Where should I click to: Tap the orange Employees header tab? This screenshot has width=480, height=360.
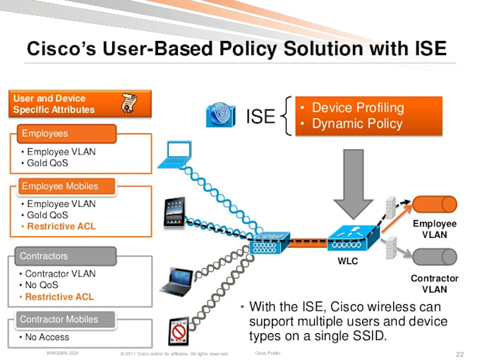point(45,133)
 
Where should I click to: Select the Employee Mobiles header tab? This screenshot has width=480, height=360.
point(60,186)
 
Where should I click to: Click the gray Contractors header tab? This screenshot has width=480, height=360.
point(44,256)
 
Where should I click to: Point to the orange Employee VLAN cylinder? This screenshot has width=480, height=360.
point(435,205)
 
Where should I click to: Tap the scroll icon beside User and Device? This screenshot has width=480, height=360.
point(129,104)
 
